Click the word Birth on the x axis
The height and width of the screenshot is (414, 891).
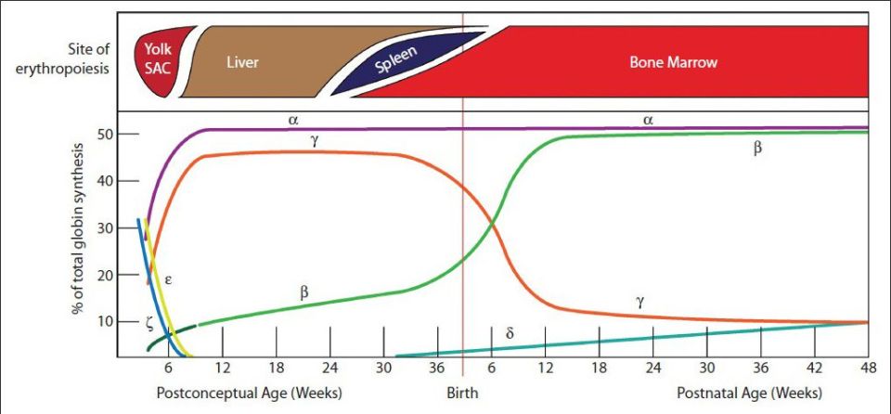point(462,393)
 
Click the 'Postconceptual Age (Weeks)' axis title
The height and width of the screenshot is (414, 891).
point(249,393)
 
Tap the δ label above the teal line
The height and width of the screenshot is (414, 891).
point(510,332)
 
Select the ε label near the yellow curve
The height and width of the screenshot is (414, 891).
point(169,278)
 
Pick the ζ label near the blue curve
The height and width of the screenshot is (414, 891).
point(149,322)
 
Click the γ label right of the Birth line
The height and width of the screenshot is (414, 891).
point(640,300)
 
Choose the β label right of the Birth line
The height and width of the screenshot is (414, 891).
point(756,148)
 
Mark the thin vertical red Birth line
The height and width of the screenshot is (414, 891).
point(462,232)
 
